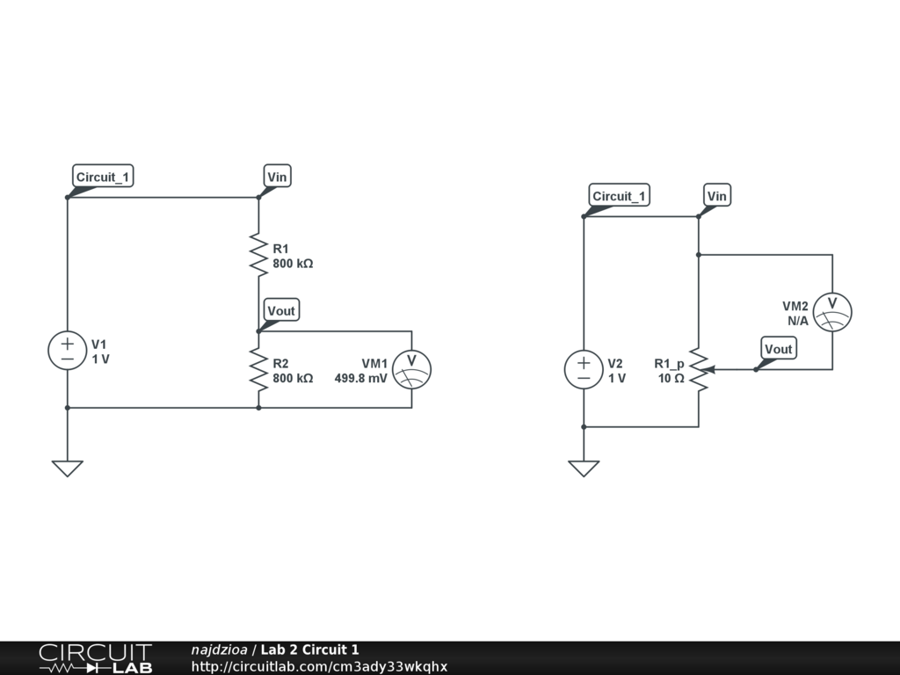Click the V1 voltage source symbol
coord(67,350)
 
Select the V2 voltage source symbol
coord(584,369)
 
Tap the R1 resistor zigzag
coord(258,254)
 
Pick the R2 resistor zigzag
coord(258,369)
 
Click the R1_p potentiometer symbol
coord(699,369)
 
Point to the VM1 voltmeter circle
coord(411,369)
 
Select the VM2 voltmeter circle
coord(832,312)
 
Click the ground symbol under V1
coord(67,468)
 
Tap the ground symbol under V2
coord(584,468)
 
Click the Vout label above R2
coord(281,310)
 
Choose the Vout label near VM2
coord(778,349)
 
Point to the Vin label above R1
coord(277,177)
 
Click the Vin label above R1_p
coord(717,196)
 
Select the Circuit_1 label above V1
coord(103,177)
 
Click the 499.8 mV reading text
coord(360,379)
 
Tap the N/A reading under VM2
coord(797,321)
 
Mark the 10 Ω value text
coord(671,379)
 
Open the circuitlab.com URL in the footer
coord(319,666)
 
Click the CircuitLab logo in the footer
coord(95,658)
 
